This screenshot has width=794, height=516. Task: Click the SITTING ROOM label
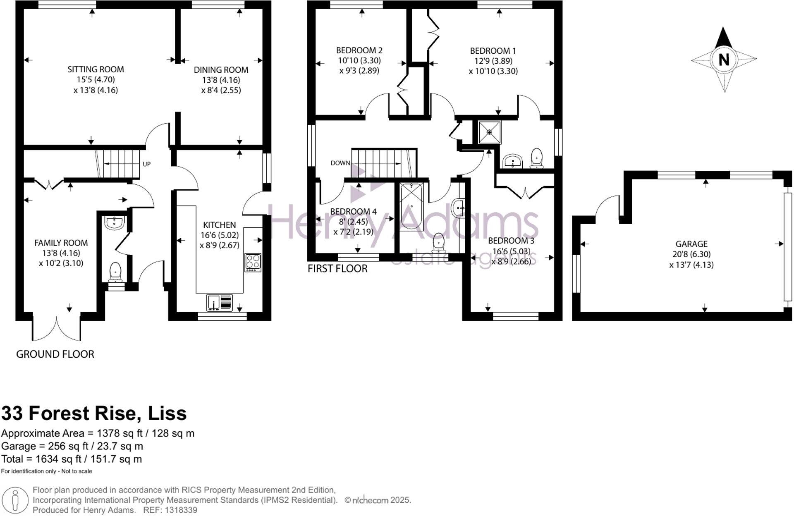click(96, 69)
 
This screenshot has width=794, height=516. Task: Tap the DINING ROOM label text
click(221, 70)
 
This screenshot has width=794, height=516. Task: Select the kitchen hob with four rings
click(253, 262)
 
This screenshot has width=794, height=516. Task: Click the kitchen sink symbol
click(220, 303)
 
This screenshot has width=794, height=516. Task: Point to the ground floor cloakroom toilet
click(115, 272)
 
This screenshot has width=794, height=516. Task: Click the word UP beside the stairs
click(146, 164)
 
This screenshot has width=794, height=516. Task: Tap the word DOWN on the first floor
click(340, 163)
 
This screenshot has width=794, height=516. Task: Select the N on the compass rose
click(724, 60)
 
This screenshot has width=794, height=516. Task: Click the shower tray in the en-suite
click(489, 132)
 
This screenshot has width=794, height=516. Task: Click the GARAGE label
click(691, 244)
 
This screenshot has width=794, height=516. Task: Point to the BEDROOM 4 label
click(353, 212)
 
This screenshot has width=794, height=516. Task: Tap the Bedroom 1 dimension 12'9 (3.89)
click(493, 61)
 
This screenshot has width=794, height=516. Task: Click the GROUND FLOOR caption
click(55, 354)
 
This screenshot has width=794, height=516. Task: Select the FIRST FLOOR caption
click(337, 269)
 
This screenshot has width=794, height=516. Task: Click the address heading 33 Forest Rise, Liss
click(94, 413)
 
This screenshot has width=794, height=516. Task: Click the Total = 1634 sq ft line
click(72, 459)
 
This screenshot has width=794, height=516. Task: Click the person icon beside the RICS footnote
click(15, 500)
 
